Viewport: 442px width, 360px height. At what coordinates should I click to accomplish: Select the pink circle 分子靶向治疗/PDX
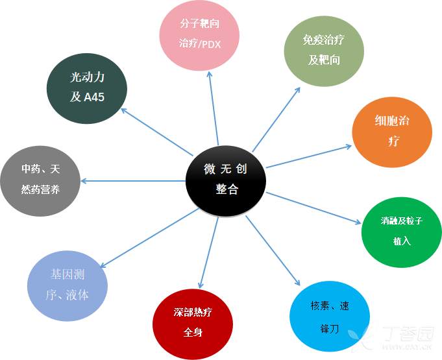pyautogui.click(x=200, y=35)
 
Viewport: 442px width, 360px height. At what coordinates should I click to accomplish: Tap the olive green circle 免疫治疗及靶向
pyautogui.click(x=323, y=50)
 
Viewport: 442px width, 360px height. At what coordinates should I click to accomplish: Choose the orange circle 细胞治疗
pyautogui.click(x=392, y=132)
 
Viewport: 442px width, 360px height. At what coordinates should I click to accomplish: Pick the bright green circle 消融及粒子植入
pyautogui.click(x=401, y=230)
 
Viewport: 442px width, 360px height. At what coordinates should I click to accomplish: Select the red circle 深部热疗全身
pyautogui.click(x=193, y=322)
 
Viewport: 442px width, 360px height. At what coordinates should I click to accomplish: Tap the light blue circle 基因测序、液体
pyautogui.click(x=66, y=284)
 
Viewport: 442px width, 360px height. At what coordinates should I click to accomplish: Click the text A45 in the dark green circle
pyautogui.click(x=95, y=97)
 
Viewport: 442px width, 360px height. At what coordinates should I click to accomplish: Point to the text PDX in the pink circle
pyautogui.click(x=212, y=45)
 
